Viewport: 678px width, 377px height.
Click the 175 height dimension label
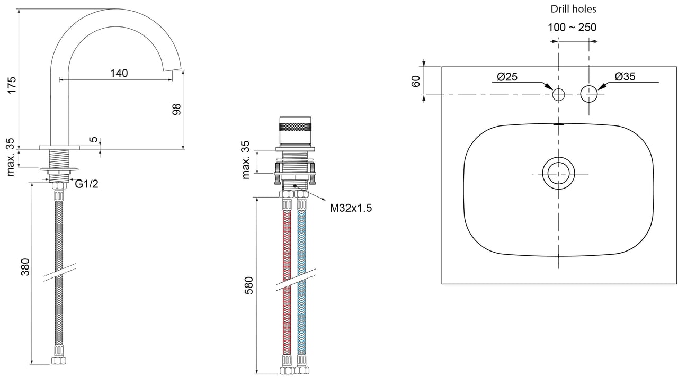[x=12, y=85]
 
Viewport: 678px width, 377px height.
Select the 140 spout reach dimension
[x=119, y=73]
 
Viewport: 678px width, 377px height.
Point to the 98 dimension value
[x=176, y=109]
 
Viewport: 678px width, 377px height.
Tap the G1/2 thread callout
[x=86, y=184]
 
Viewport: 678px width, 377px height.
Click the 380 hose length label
[x=25, y=267]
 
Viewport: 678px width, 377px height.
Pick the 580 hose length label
[x=248, y=285]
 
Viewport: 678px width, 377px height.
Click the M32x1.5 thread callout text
[x=351, y=208]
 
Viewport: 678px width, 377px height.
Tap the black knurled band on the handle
[x=295, y=127]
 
